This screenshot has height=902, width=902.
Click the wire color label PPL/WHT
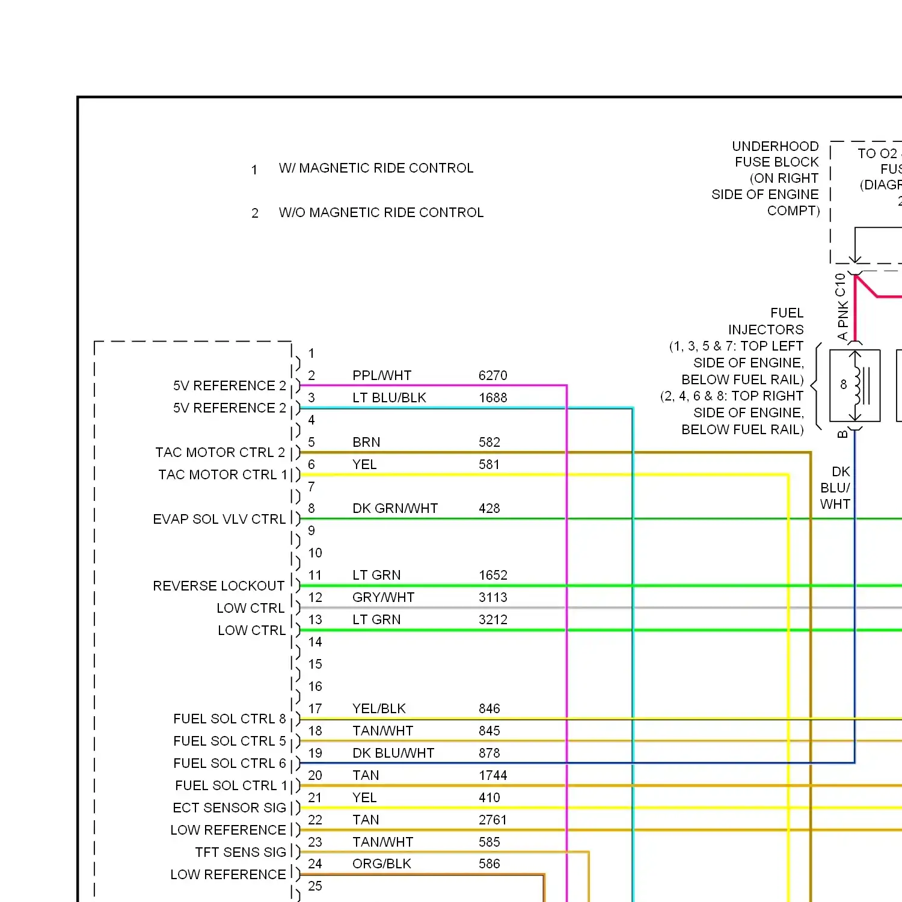(382, 376)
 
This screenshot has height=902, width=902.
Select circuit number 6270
(492, 376)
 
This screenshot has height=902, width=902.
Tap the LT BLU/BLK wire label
(389, 398)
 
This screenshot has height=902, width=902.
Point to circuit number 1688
(492, 398)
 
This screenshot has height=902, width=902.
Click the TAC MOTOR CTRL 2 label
(220, 453)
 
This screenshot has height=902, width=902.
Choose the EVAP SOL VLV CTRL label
(219, 520)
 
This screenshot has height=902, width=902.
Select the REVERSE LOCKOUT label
(218, 586)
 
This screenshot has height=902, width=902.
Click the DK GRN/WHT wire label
(395, 509)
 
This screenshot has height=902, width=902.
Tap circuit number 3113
(492, 598)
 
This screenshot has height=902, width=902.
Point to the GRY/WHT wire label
(383, 598)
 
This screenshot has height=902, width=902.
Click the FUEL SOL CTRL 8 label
(229, 719)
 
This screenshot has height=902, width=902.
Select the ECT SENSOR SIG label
(229, 808)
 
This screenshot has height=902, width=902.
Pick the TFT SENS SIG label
(241, 853)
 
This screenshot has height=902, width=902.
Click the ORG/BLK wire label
(382, 864)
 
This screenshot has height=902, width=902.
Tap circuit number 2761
(492, 820)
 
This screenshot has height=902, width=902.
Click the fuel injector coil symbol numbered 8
(854, 385)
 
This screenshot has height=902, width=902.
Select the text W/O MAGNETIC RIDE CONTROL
(381, 213)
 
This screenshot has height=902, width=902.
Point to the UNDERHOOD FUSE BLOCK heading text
(775, 155)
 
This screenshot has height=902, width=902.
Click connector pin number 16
(315, 687)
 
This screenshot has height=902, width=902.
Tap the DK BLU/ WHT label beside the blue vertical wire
(835, 488)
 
